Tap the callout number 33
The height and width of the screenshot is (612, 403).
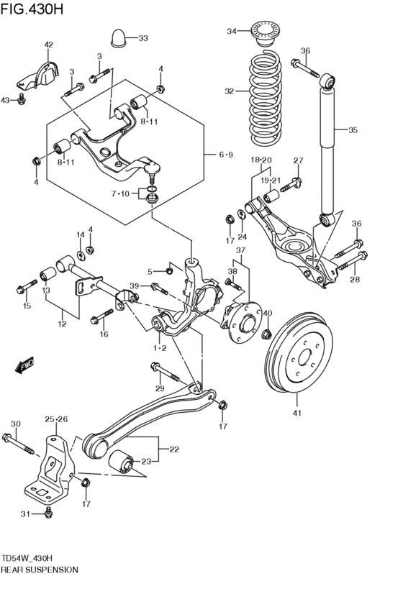[142, 38]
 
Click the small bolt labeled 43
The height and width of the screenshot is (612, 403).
[22, 99]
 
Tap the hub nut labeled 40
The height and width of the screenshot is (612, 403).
[266, 334]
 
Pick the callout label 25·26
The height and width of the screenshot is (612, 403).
[55, 419]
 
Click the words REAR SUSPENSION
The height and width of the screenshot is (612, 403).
[40, 569]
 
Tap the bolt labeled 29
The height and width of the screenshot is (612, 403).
[164, 373]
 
